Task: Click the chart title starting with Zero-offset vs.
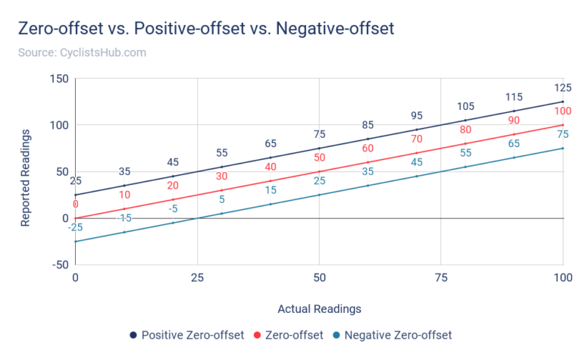pos(205,30)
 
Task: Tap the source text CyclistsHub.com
pos(81,53)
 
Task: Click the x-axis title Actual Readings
pos(319,308)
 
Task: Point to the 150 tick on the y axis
pos(59,79)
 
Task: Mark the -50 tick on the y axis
pos(59,265)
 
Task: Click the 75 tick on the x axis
pos(441,278)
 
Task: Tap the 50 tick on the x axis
pos(319,278)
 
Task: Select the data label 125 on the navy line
pos(562,88)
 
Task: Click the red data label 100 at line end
pos(562,111)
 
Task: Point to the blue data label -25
pos(75,228)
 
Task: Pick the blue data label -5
pos(173,208)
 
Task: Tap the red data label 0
pos(75,205)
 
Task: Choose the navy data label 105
pos(465,106)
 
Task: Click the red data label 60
pos(368,149)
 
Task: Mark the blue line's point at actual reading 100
pos(562,148)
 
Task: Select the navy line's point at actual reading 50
pos(319,148)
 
